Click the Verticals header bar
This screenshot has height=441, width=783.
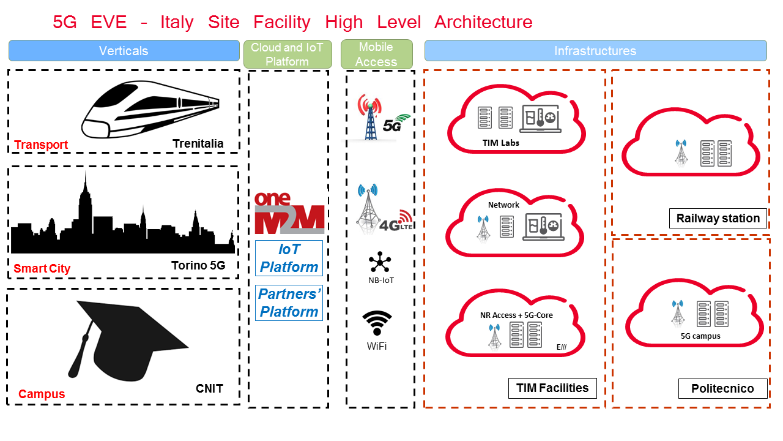[x=124, y=51]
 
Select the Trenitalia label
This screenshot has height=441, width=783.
[x=198, y=144]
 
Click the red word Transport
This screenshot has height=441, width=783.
[x=41, y=145]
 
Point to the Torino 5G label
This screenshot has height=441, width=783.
[x=198, y=266]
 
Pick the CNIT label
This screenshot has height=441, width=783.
[x=209, y=388]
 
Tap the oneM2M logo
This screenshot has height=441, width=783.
[x=289, y=213]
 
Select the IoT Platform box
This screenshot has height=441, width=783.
[x=289, y=258]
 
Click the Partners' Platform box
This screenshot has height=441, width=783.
[x=289, y=303]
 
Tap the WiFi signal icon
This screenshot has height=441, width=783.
[x=377, y=323]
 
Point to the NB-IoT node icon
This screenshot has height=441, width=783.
[x=380, y=263]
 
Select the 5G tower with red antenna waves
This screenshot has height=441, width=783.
[x=369, y=118]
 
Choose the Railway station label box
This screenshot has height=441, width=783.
[x=718, y=218]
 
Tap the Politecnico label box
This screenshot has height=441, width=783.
[x=722, y=388]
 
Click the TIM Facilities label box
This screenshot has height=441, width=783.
[x=552, y=388]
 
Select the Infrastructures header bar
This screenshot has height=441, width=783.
[x=595, y=51]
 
